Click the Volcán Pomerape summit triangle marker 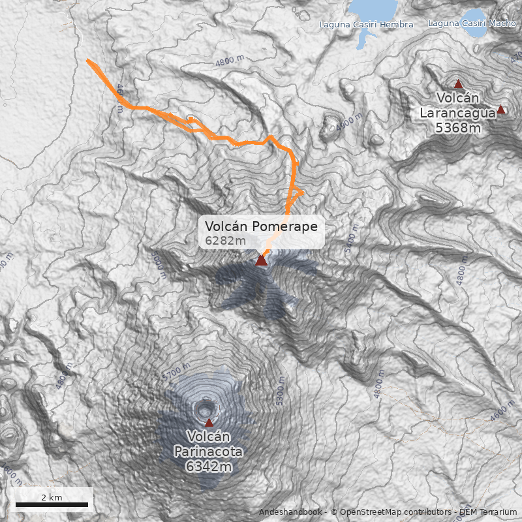(261, 260)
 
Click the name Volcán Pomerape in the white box (261, 226)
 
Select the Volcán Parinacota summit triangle (209, 422)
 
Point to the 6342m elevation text (208, 467)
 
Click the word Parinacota (208, 452)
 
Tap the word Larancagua (457, 113)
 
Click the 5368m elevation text (457, 128)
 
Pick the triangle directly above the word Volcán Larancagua (458, 84)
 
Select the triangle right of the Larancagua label (500, 109)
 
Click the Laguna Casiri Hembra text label (366, 25)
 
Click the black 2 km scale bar (52, 504)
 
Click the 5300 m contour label (281, 390)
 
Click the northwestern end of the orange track (88, 61)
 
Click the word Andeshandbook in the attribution (290, 512)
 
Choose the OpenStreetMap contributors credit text (391, 512)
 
